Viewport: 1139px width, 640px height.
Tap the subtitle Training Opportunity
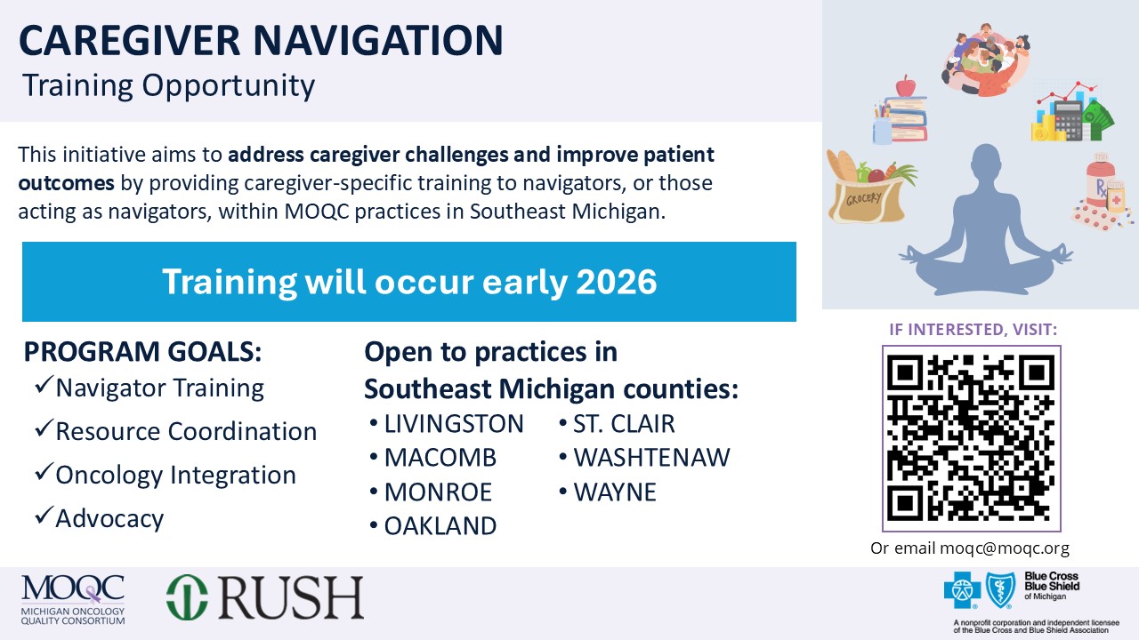coord(168,85)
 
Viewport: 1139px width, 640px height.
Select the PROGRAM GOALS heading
coord(142,352)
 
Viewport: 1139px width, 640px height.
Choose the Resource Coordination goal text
coord(186,431)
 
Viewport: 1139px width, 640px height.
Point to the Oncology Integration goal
coord(175,475)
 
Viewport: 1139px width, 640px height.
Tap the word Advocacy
coord(109,518)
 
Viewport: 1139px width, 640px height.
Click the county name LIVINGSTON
coord(454,424)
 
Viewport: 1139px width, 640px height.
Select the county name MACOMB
coord(440,458)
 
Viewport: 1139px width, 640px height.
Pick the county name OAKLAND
coord(440,526)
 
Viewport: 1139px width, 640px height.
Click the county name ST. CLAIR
coord(624,424)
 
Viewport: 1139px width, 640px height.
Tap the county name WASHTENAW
coord(651,458)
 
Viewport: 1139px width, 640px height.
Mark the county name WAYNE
coord(615,492)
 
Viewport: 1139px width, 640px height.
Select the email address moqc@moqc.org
coord(1005,548)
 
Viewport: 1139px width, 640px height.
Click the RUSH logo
coord(265,597)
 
